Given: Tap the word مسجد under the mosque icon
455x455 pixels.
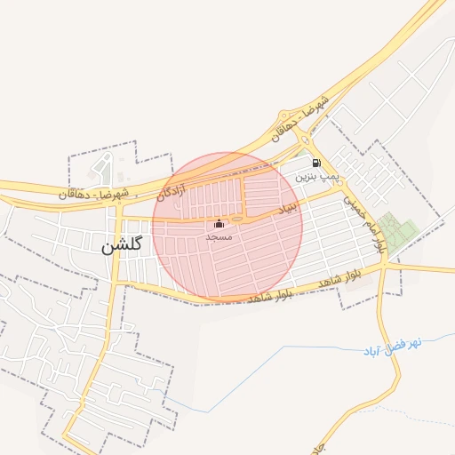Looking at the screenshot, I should [219, 237].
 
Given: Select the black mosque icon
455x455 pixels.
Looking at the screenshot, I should [219, 224].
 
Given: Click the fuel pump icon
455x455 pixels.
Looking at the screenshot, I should [317, 163].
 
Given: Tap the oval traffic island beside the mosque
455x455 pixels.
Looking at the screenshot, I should [237, 218].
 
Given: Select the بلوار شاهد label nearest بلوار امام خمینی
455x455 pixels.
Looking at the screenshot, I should [342, 278].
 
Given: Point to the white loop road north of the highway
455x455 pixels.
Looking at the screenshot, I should [105, 165].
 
